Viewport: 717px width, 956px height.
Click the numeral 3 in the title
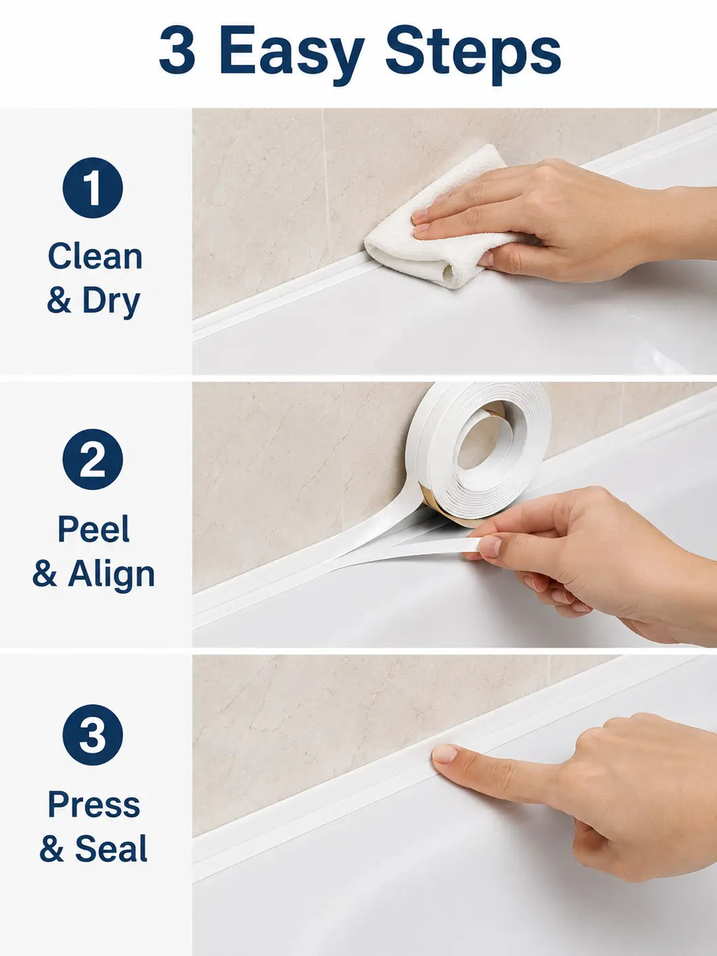tap(177, 50)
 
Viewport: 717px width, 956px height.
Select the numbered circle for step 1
tap(92, 188)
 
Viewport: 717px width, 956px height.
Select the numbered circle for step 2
tap(92, 459)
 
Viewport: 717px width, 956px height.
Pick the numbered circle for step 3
tap(92, 735)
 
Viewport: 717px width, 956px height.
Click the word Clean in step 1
tap(95, 257)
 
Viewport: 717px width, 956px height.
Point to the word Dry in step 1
tap(112, 302)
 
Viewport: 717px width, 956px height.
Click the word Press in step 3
tap(94, 804)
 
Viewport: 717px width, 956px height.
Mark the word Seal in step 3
tap(112, 849)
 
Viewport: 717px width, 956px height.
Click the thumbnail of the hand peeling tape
tap(490, 546)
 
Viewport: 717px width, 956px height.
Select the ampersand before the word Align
tap(45, 574)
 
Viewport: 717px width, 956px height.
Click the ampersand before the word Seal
tap(51, 849)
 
